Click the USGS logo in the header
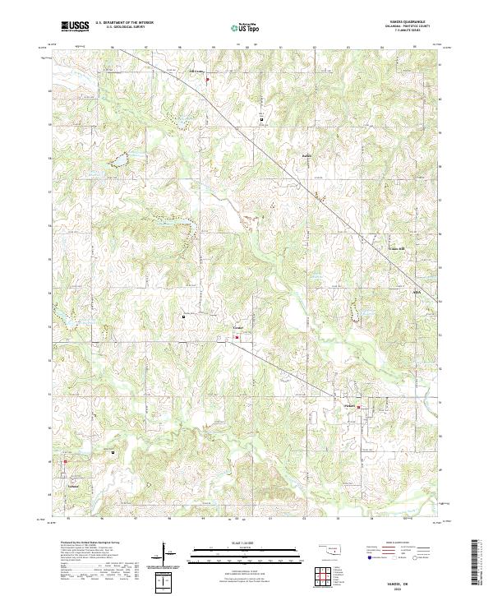click(75, 26)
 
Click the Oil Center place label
click(196, 72)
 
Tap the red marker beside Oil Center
click(207, 80)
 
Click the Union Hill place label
click(397, 247)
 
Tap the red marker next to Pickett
click(358, 406)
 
